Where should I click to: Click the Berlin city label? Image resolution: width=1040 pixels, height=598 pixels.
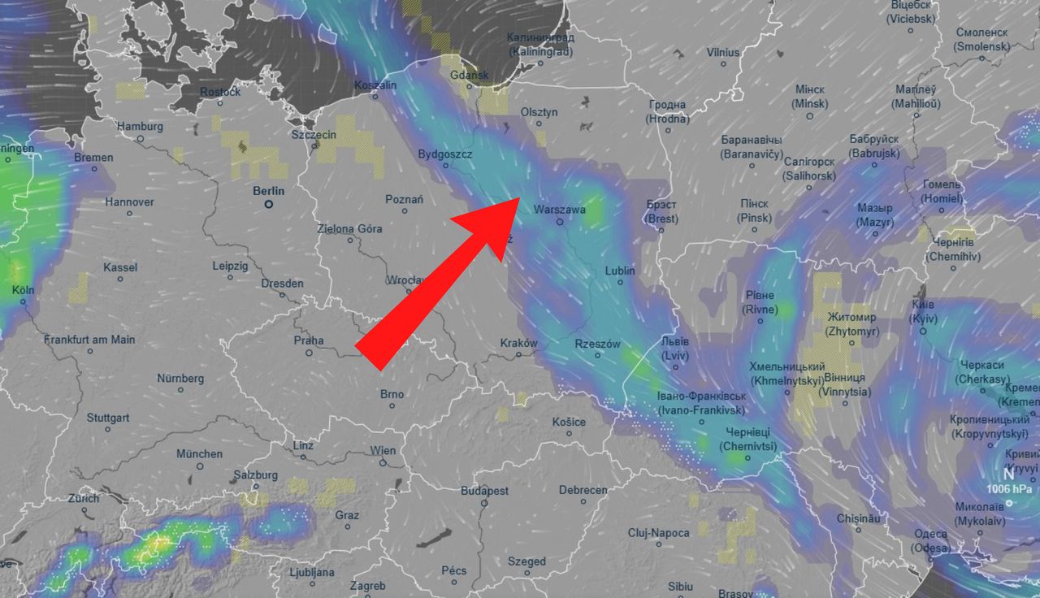click(268, 191)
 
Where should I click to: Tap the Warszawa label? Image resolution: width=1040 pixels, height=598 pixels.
click(559, 210)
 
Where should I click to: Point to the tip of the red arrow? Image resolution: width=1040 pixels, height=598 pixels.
click(519, 197)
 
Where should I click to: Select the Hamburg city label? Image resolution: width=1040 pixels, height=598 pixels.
click(140, 127)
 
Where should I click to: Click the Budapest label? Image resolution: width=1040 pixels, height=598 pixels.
click(484, 491)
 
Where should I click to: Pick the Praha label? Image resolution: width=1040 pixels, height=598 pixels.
click(309, 340)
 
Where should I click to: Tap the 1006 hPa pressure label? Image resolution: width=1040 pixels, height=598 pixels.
click(1010, 489)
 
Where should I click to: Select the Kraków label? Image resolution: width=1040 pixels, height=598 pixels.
click(518, 343)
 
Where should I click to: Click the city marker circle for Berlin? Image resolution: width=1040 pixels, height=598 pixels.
click(269, 205)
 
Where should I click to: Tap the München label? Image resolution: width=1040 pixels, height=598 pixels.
click(199, 453)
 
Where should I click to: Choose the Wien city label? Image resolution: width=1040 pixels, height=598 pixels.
click(383, 450)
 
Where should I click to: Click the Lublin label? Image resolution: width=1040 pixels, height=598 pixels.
click(620, 271)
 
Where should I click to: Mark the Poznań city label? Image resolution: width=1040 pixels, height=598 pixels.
click(404, 200)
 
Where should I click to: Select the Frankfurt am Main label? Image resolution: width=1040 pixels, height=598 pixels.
click(89, 339)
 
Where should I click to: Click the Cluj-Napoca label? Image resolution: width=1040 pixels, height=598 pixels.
click(658, 533)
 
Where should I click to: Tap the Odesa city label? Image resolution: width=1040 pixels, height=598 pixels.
click(930, 534)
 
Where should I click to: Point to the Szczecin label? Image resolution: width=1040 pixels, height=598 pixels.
click(314, 134)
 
